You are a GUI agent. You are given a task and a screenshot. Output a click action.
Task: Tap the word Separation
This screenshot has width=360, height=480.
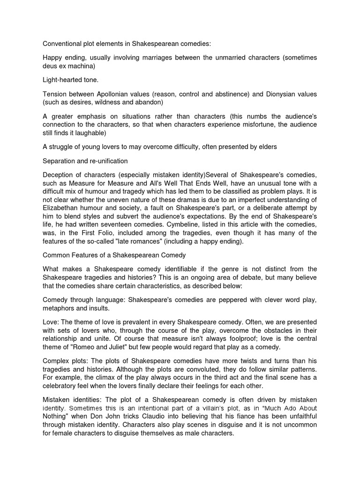[x=59, y=161]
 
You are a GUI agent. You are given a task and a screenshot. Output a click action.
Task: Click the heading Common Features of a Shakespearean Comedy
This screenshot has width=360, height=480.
[x=114, y=255]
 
